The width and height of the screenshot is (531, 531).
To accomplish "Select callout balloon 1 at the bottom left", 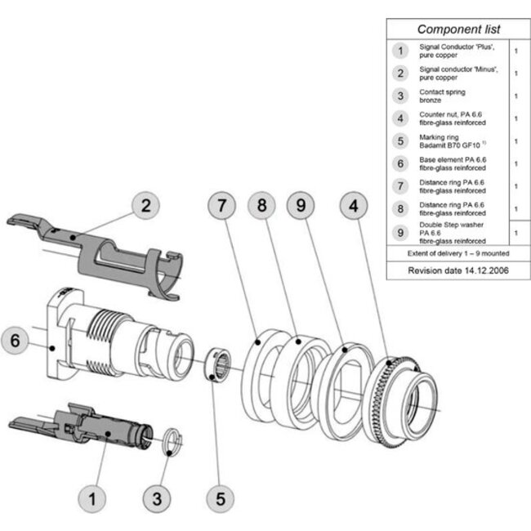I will [x=92, y=496].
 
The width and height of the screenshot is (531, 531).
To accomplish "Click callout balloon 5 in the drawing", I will [x=219, y=496].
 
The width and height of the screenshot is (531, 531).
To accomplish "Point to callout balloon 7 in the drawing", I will [x=221, y=205].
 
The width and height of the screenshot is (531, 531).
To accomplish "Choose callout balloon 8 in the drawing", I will [x=262, y=205].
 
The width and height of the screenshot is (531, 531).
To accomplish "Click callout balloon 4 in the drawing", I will [x=354, y=205].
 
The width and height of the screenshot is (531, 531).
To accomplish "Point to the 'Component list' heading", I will [x=459, y=29].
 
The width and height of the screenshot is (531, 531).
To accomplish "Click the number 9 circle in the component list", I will [x=399, y=232].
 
